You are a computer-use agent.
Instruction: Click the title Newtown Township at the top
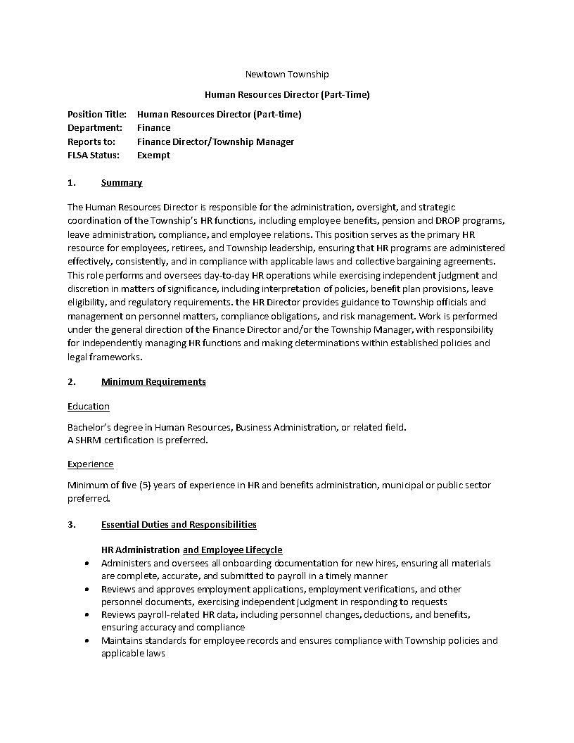[x=286, y=74]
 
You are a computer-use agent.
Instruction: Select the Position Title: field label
[x=97, y=114]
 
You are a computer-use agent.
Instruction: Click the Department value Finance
[x=153, y=127]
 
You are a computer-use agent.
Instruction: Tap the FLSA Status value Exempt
[x=153, y=155]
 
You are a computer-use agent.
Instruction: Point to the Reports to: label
[x=91, y=141]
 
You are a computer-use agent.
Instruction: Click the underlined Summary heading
[x=122, y=183]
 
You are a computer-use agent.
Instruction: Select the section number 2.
[x=71, y=381]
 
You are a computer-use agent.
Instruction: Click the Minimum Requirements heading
[x=153, y=381]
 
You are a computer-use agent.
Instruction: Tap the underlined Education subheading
[x=89, y=406]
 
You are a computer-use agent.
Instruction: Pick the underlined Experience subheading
[x=90, y=464]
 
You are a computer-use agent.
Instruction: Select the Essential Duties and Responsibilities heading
[x=179, y=524]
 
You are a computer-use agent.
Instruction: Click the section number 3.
[x=71, y=524]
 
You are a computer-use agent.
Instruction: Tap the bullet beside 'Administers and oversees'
[x=87, y=564]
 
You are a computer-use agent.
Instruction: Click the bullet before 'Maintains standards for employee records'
[x=87, y=641]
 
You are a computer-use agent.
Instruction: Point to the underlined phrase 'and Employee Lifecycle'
[x=232, y=550]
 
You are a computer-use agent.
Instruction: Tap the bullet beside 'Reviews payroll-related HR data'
[x=87, y=615]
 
